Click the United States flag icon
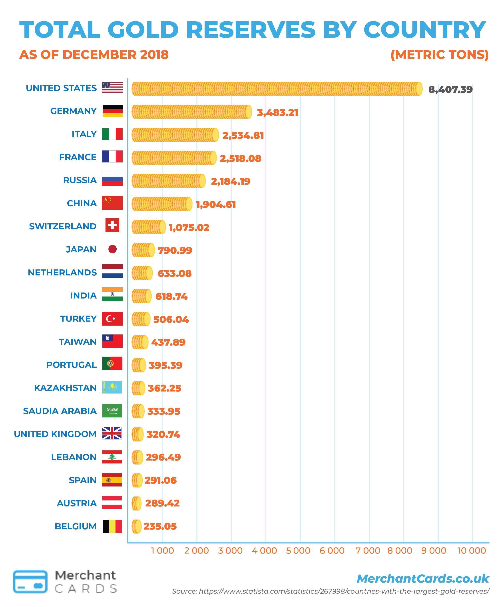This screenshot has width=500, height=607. [x=112, y=88]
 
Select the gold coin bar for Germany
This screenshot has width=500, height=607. [x=191, y=112]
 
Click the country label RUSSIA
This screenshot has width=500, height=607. [x=80, y=180]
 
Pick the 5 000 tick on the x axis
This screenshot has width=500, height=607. [x=298, y=551]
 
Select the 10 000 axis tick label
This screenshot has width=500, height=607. [x=472, y=551]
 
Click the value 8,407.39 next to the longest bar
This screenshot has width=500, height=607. [x=450, y=89]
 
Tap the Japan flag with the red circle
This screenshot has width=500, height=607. [x=112, y=249]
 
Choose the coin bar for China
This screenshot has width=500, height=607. [x=162, y=204]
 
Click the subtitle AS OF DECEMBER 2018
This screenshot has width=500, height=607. [x=94, y=55]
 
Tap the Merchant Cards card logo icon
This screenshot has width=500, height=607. [x=30, y=581]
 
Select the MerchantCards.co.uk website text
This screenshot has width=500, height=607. [x=422, y=579]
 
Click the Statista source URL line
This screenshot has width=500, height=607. [x=330, y=591]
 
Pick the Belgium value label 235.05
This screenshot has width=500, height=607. [x=160, y=526]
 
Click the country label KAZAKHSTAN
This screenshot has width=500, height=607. [x=65, y=388]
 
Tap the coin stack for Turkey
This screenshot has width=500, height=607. [x=141, y=319]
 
